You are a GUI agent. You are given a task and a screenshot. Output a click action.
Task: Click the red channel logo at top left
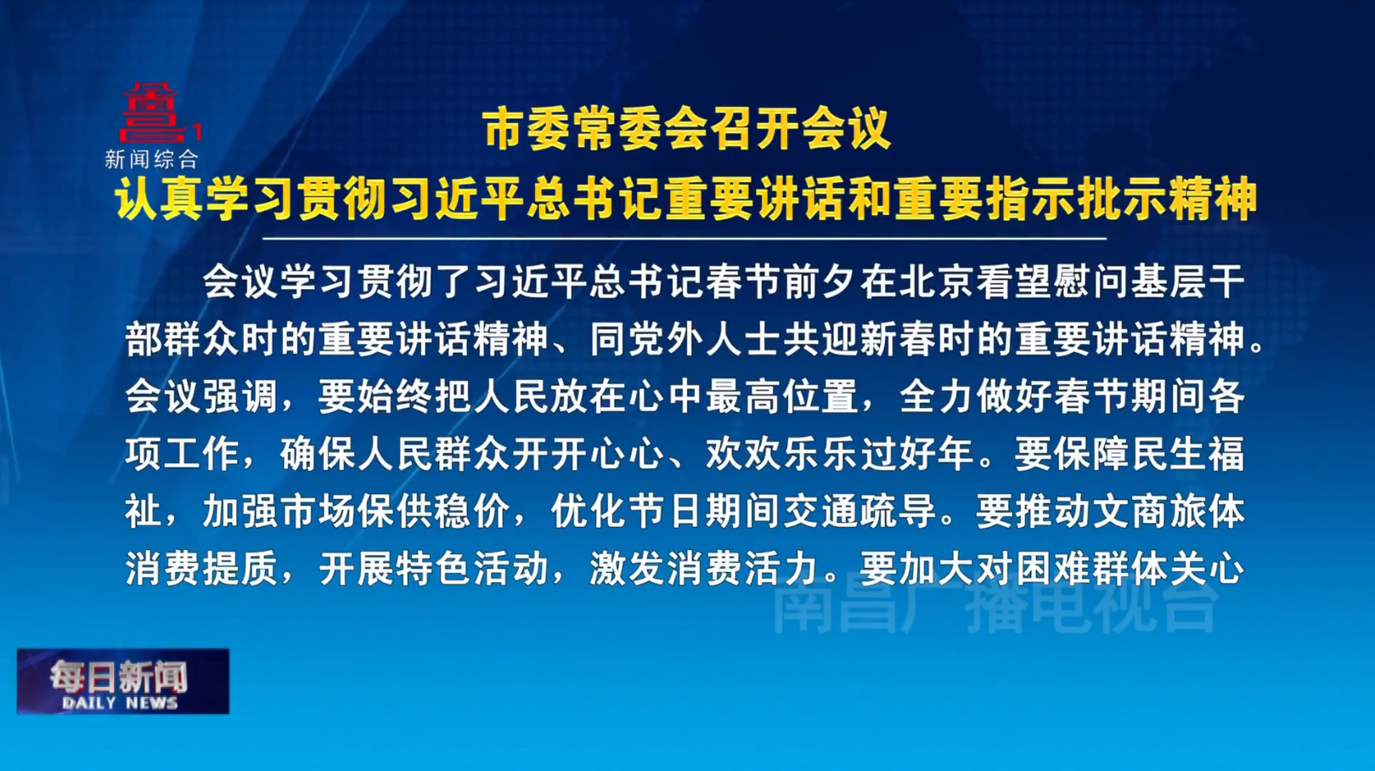click(x=152, y=113)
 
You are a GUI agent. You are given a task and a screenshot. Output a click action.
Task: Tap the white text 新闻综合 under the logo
click(x=151, y=159)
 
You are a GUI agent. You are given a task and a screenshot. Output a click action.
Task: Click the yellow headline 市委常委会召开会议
click(x=686, y=129)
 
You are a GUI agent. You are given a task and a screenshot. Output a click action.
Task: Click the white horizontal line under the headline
click(x=685, y=239)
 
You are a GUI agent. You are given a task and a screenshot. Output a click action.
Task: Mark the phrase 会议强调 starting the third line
click(x=201, y=396)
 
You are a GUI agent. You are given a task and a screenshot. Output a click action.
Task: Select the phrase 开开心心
click(x=589, y=454)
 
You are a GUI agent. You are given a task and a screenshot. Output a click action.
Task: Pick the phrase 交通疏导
click(x=860, y=512)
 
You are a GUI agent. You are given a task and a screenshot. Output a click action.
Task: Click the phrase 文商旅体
click(x=1169, y=512)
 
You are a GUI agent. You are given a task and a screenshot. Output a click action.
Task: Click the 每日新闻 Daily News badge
click(x=123, y=682)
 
